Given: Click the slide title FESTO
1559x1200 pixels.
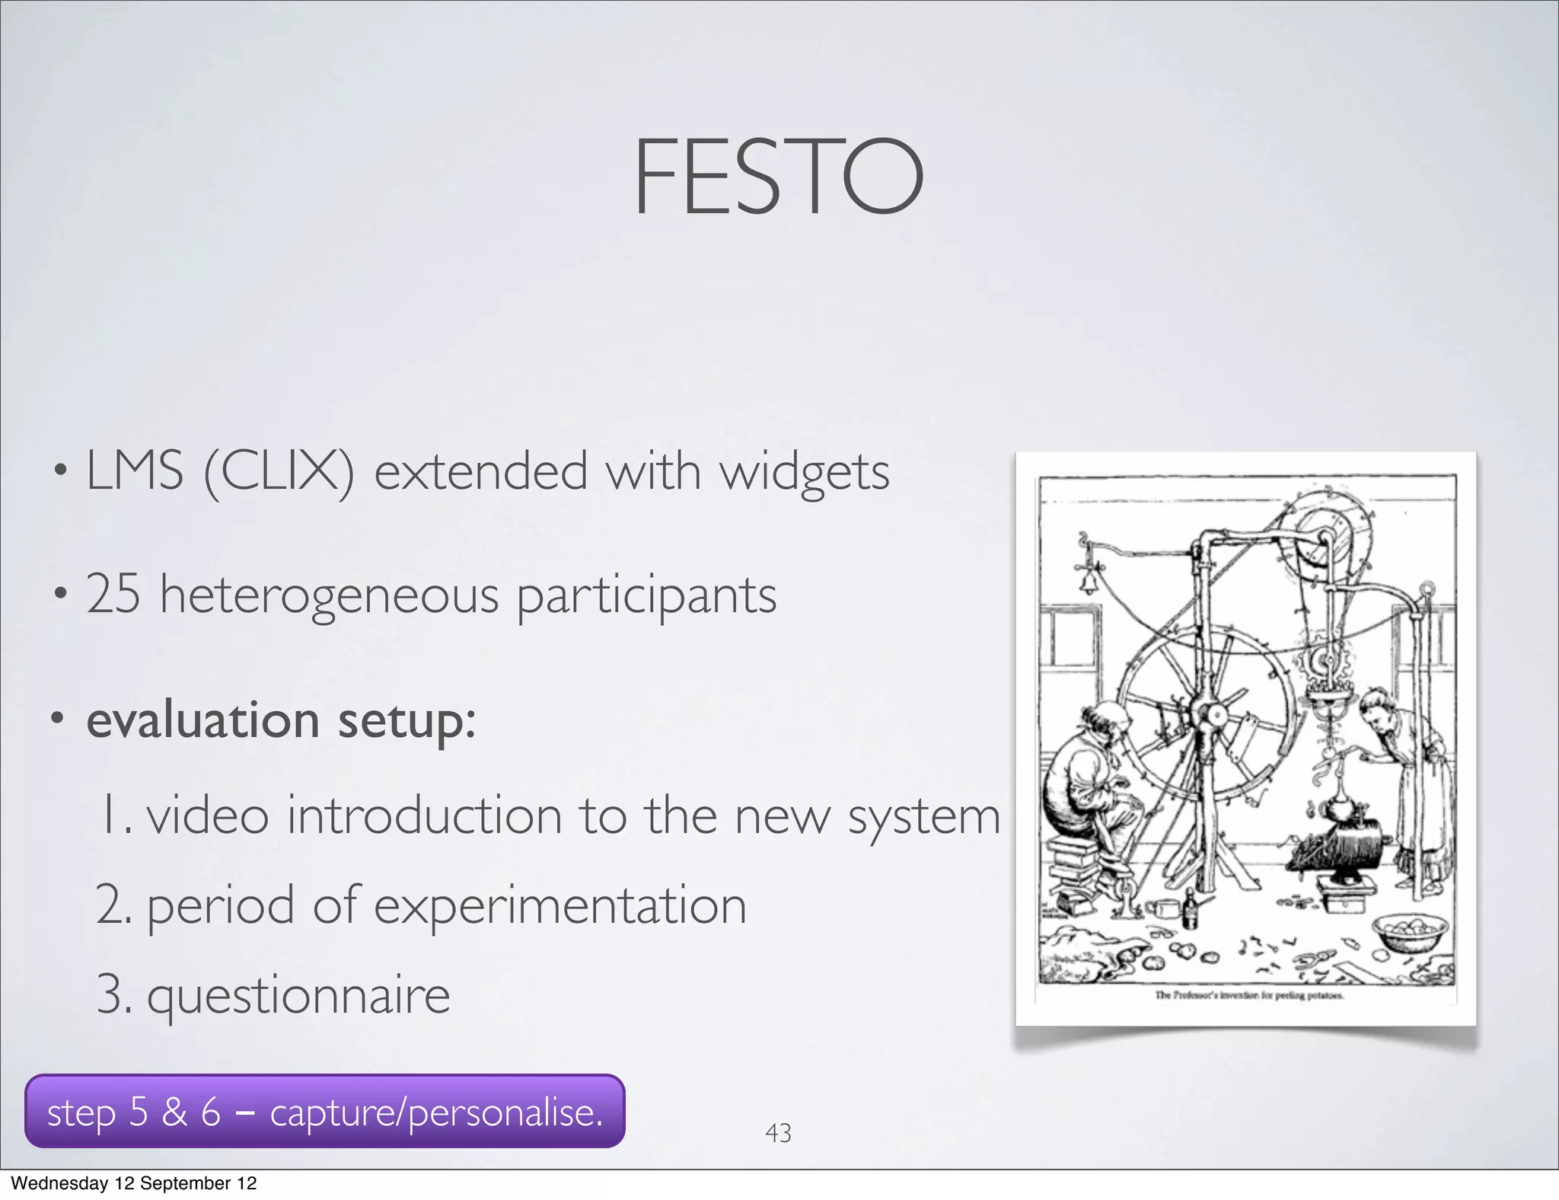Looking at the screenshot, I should (778, 177).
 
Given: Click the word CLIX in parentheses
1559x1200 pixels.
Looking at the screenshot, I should (279, 471).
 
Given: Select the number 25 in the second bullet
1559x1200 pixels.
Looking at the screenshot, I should (113, 595).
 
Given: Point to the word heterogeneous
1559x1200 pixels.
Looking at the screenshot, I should (329, 596).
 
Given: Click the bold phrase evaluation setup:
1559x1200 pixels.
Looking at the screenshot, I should (280, 720).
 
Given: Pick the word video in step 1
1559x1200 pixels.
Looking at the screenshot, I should (207, 815).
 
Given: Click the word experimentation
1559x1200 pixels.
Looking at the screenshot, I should (560, 906).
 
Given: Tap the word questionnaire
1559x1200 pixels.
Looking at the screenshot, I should (298, 995).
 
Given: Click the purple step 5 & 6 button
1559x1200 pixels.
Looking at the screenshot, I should (324, 1112).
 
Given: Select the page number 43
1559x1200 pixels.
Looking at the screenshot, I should (778, 1133).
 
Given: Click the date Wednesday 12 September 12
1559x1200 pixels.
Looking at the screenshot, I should (134, 1183).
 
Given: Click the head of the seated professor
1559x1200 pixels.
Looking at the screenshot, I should (1098, 719).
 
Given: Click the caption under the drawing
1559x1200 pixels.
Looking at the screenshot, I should (1248, 995).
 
